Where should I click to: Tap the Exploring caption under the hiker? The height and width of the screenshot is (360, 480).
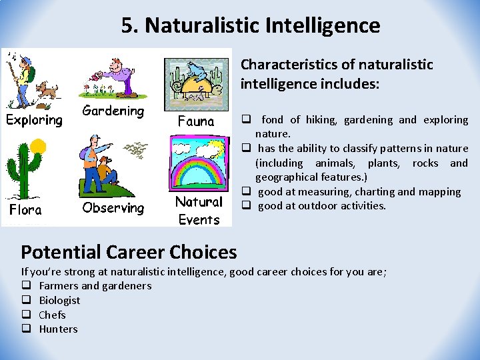pyautogui.click(x=34, y=120)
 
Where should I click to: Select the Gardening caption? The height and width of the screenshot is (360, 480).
pyautogui.click(x=113, y=111)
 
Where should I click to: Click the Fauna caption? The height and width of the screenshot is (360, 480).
pyautogui.click(x=196, y=121)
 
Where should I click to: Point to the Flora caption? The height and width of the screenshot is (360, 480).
pyautogui.click(x=25, y=210)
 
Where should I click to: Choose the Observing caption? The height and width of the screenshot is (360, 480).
pyautogui.click(x=113, y=208)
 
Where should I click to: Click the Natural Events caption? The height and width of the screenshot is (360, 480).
pyautogui.click(x=199, y=210)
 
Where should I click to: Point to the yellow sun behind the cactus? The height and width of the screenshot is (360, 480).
pyautogui.click(x=38, y=146)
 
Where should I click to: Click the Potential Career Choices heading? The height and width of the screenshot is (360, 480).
pyautogui.click(x=129, y=252)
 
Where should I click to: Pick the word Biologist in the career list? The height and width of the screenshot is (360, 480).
pyautogui.click(x=59, y=300)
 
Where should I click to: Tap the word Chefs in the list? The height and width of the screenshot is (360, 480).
pyautogui.click(x=52, y=315)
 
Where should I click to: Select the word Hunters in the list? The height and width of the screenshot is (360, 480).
pyautogui.click(x=58, y=329)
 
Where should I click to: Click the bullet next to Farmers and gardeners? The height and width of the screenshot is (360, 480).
pyautogui.click(x=26, y=286)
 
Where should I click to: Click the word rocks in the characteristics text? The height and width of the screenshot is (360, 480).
pyautogui.click(x=426, y=163)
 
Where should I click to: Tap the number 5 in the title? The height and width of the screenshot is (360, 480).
pyautogui.click(x=127, y=26)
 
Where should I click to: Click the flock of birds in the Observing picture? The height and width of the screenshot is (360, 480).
pyautogui.click(x=137, y=150)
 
